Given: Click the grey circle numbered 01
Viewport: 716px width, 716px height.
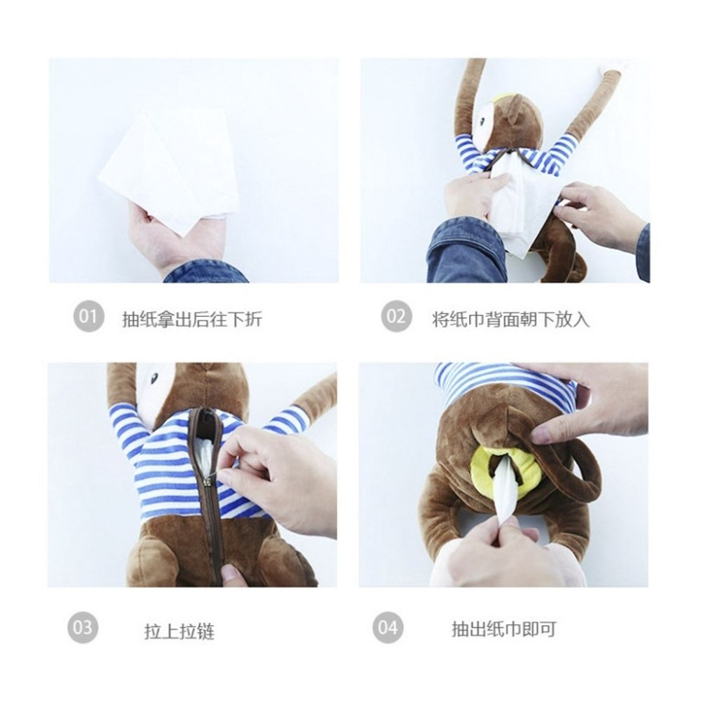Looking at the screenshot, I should click(88, 317).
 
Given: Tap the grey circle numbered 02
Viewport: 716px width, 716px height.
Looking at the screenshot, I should click(396, 317).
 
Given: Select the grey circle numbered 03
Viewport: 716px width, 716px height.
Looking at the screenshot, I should click(83, 627).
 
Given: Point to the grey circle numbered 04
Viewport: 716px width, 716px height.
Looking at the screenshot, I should click(387, 627).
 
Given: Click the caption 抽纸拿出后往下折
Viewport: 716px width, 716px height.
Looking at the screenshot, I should click(192, 320).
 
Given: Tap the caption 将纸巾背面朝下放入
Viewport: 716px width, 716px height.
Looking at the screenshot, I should click(510, 320).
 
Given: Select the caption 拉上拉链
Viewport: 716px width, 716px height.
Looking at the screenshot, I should click(179, 631).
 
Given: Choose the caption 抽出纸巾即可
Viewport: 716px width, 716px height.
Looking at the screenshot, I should click(503, 629).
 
